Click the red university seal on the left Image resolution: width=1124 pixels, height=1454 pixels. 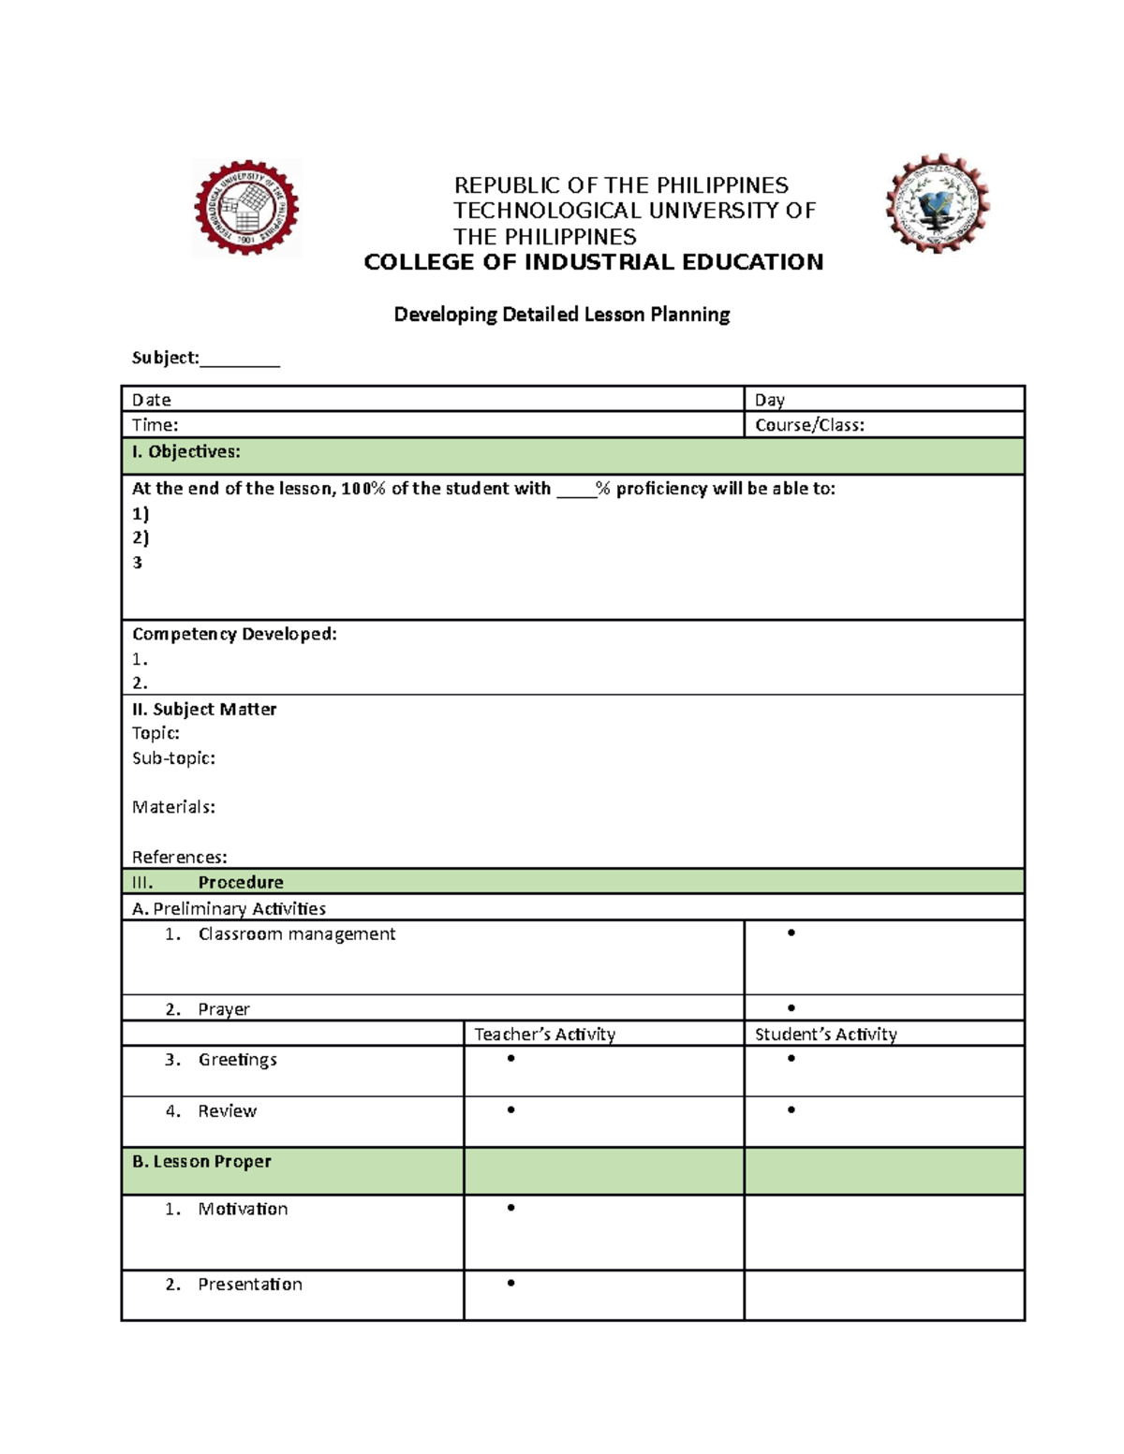(246, 208)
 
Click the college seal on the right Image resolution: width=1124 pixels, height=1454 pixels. (937, 204)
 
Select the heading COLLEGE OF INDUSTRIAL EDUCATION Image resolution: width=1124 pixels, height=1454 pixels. (593, 262)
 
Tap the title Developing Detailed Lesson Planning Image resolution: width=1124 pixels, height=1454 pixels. (561, 315)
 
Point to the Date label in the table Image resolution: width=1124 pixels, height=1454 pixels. (151, 400)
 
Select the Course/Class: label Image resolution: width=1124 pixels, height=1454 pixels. (809, 425)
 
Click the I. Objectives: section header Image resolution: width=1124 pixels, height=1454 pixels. (186, 452)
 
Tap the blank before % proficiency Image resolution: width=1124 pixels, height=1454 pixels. (576, 490)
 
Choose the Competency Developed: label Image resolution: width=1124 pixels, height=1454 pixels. (234, 634)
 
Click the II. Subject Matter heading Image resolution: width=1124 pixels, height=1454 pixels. (204, 709)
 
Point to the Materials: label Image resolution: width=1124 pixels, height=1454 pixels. (173, 807)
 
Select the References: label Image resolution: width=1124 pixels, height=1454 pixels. (179, 857)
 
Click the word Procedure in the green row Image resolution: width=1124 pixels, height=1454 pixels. (241, 882)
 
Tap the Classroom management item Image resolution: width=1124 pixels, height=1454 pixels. (296, 933)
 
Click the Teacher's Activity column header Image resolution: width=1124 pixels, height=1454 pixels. (544, 1034)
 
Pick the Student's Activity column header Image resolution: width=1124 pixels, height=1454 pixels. (825, 1034)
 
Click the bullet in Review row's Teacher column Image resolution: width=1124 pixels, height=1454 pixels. (510, 1109)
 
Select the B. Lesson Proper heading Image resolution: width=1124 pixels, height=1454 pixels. (201, 1161)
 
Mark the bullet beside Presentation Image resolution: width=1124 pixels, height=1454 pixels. (510, 1283)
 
